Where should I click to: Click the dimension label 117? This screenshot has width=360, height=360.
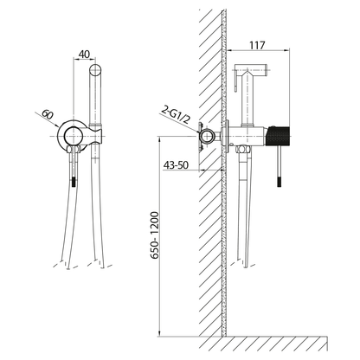coord(257,45)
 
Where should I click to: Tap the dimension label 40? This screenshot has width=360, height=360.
coord(84,55)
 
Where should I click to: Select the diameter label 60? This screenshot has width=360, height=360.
coord(48,114)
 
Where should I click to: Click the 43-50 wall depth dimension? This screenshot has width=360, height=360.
coord(176,165)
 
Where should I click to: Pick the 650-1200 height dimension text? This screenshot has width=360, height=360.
coord(155,235)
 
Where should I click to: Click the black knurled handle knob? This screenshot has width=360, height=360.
coord(279,135)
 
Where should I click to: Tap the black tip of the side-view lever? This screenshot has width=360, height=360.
coord(280,182)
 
